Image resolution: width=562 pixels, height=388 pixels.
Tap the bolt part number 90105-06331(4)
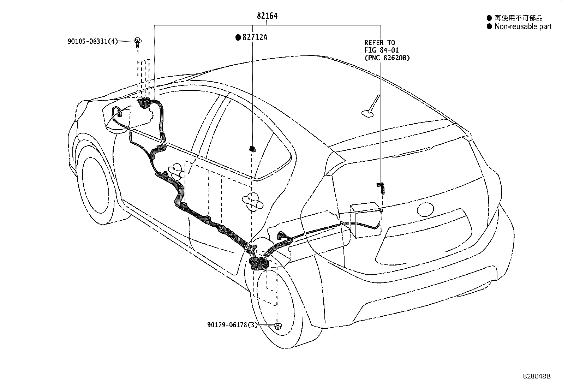click(92, 41)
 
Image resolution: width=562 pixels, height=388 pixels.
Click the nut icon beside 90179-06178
click(278, 326)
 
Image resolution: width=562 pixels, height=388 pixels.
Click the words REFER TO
click(379, 43)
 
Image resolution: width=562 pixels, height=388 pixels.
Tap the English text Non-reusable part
click(523, 26)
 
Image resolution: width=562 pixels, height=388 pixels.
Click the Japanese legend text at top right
click(518, 18)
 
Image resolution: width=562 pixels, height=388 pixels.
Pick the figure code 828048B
click(537, 376)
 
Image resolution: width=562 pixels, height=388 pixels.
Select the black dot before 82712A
click(238, 37)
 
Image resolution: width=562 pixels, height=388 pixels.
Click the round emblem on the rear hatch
click(425, 209)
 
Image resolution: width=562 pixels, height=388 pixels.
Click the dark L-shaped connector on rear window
click(381, 187)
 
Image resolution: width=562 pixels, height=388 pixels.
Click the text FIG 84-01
click(381, 50)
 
